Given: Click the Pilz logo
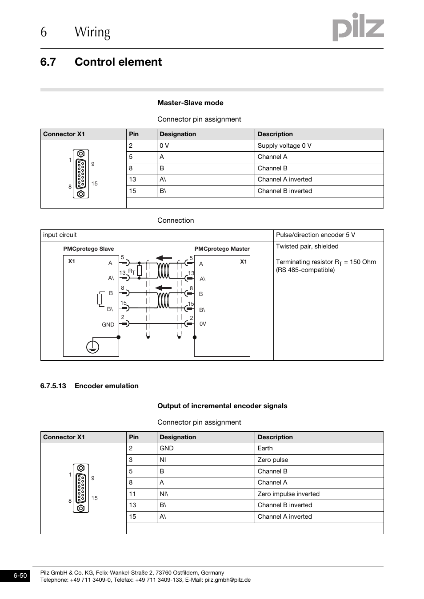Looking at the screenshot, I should (358, 28).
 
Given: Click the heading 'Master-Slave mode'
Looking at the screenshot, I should (190, 103).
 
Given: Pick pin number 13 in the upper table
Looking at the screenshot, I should (132, 180).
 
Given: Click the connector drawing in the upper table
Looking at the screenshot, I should (81, 173).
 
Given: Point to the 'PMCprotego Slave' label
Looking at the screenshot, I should (88, 249).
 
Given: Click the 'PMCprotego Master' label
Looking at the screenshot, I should (222, 249).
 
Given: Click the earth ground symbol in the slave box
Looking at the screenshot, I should (92, 346).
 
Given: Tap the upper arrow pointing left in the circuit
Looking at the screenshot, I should (164, 257).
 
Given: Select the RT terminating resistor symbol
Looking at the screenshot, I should (139, 271).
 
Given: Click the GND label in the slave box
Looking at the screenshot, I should (108, 325).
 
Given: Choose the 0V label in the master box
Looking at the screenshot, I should (203, 324).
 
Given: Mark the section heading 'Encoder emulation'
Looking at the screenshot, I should (106, 386).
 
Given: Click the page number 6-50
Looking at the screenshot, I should (20, 576).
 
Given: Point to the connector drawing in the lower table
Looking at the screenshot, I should (81, 488).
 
